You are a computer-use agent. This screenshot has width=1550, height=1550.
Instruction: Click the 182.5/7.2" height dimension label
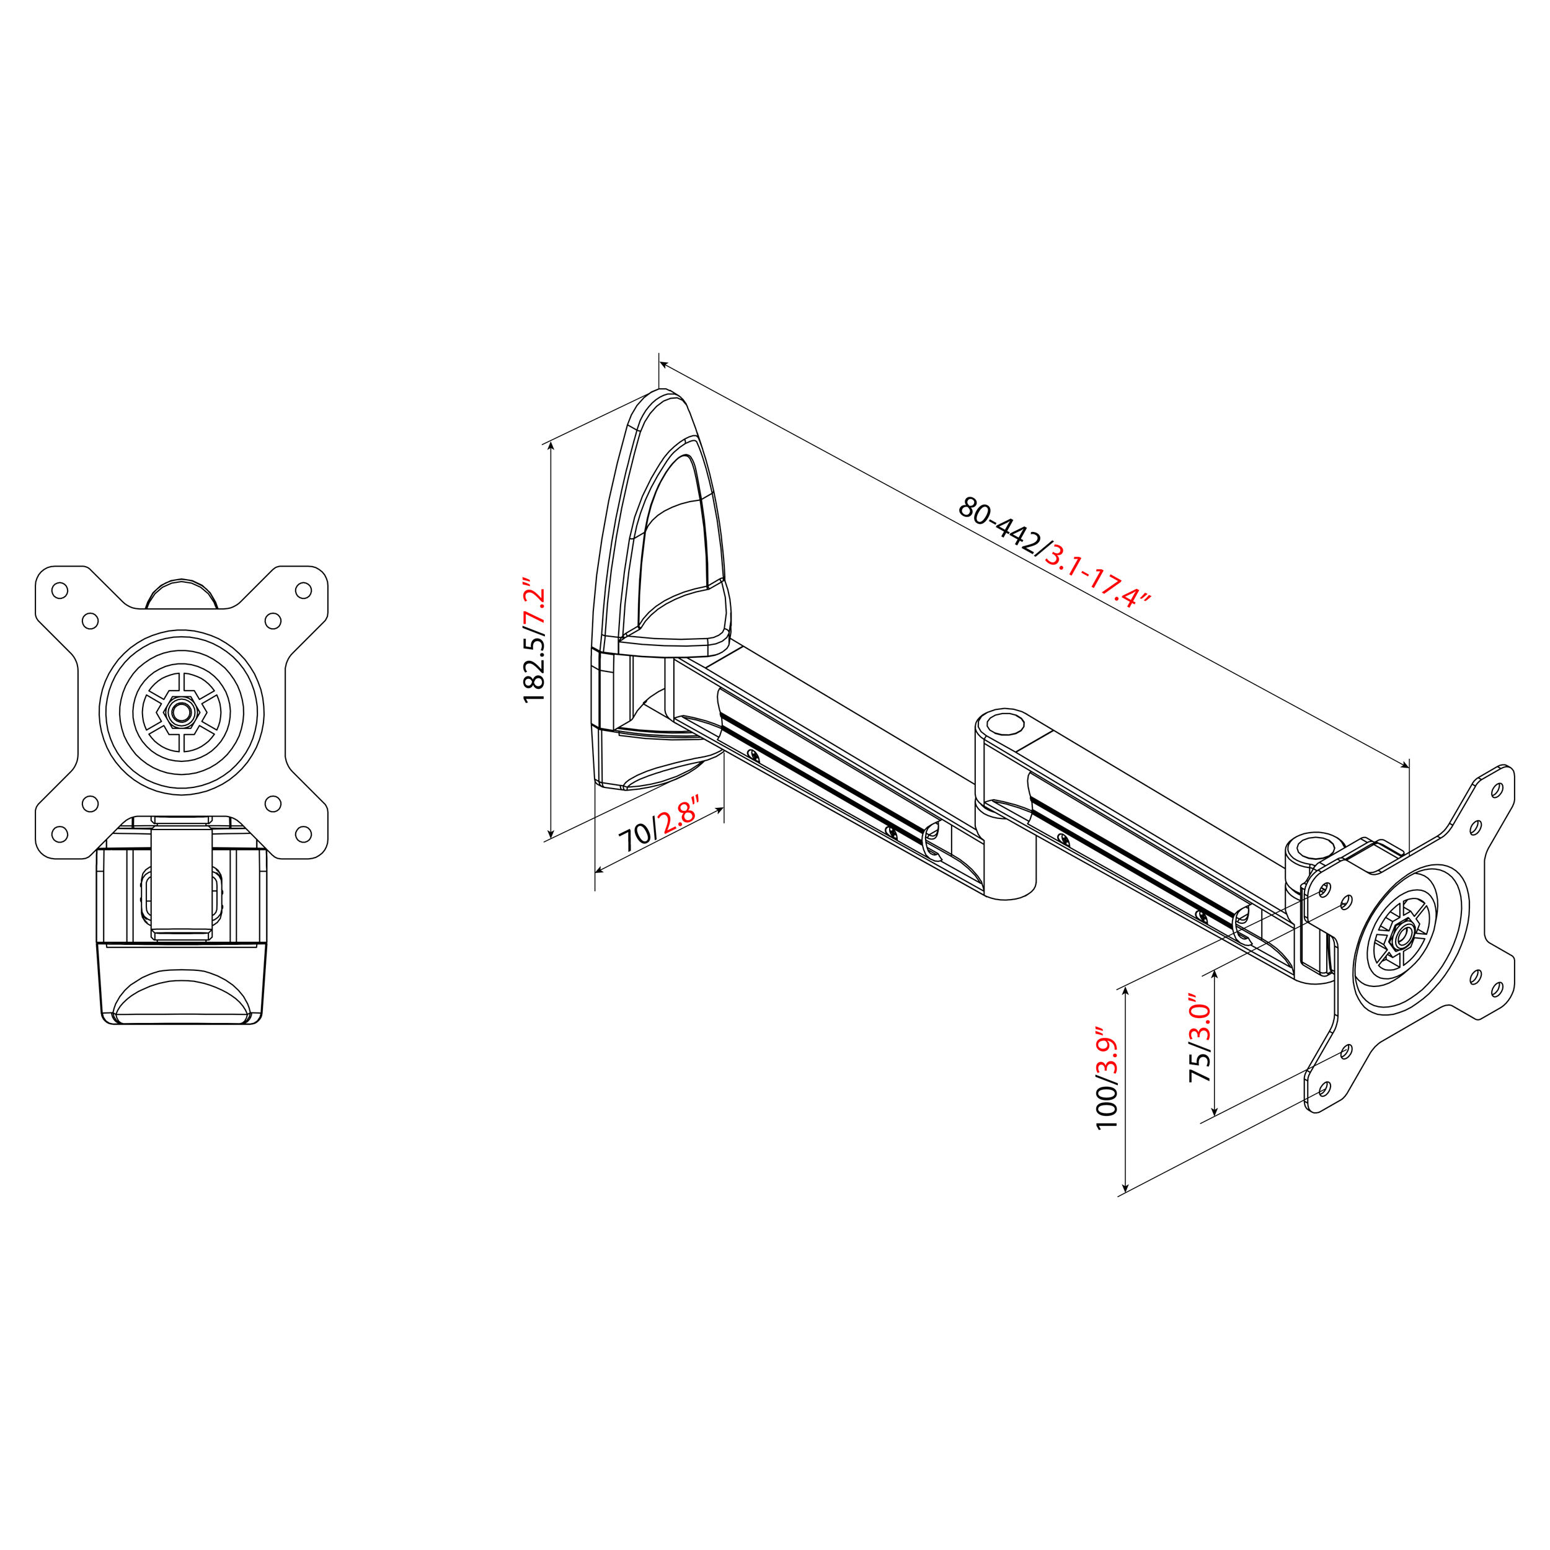click(535, 641)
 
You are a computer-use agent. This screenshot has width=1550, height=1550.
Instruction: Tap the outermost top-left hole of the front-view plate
click(60, 590)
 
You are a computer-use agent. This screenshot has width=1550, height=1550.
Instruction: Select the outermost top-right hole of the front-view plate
click(303, 590)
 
